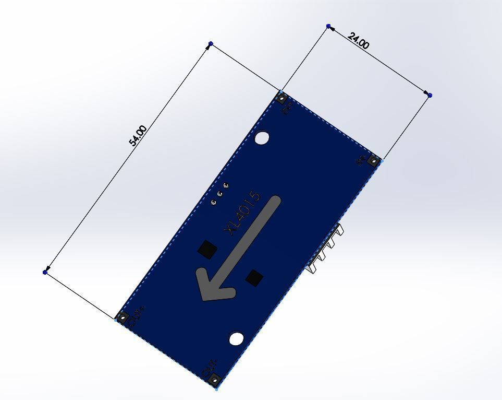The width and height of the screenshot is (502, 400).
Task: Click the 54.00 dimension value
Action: tap(138, 135)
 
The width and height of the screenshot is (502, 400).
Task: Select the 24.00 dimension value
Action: tap(358, 41)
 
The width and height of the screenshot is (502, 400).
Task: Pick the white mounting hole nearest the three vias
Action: tap(262, 138)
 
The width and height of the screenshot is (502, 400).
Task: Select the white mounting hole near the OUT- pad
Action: tap(237, 339)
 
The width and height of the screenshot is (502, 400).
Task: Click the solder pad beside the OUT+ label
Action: tap(123, 316)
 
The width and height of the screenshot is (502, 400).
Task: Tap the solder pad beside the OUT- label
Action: tap(214, 380)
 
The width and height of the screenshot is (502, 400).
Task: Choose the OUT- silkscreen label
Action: tap(210, 368)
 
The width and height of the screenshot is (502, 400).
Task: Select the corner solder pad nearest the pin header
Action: tap(373, 160)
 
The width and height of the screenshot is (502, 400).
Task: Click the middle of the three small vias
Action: tap(219, 193)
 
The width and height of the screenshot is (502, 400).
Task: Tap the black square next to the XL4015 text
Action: tap(207, 249)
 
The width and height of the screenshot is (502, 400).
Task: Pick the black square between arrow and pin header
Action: tap(254, 278)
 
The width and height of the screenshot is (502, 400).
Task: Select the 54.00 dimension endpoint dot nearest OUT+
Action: tap(45, 272)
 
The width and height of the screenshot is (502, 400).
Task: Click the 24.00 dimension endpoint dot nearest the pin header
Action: tap(430, 95)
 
